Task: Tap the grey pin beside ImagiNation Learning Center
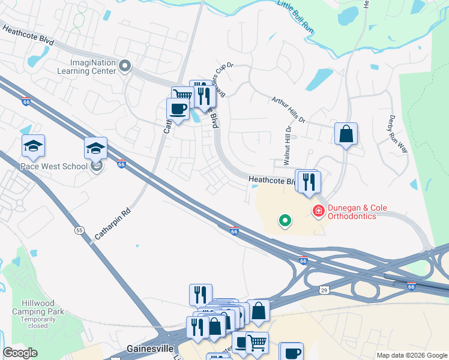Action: tap(125, 66)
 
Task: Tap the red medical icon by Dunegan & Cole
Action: tap(317, 211)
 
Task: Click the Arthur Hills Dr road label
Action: tap(289, 110)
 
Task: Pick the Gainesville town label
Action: tap(151, 349)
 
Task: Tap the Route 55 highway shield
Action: tap(79, 230)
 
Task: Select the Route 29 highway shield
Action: tap(324, 290)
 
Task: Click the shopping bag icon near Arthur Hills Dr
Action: tap(346, 134)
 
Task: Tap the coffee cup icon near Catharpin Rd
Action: tap(178, 109)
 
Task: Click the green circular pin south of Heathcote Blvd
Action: tap(286, 221)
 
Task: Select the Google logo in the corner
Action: tap(20, 353)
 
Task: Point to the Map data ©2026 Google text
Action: tap(412, 355)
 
